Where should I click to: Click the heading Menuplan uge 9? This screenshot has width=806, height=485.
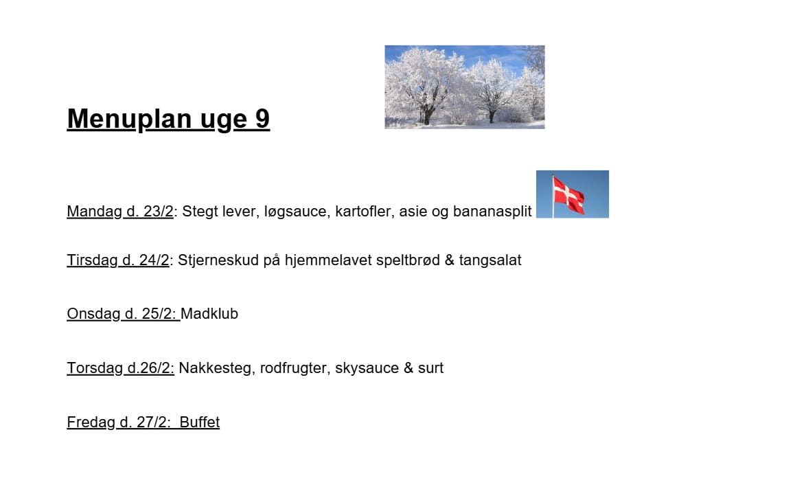click(168, 120)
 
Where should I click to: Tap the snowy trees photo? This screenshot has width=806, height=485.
click(465, 87)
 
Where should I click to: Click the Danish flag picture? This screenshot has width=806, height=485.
click(573, 194)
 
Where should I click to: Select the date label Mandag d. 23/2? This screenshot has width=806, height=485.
click(120, 212)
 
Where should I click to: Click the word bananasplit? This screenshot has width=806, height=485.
click(492, 212)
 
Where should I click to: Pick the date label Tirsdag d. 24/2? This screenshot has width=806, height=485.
click(117, 260)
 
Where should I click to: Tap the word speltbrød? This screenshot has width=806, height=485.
click(408, 260)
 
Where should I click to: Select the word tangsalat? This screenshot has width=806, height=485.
click(490, 260)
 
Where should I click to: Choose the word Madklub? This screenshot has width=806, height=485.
click(209, 314)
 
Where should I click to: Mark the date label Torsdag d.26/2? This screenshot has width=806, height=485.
click(120, 368)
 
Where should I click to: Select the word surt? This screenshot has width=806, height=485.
click(430, 368)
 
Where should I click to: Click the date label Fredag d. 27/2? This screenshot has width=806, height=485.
click(119, 422)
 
